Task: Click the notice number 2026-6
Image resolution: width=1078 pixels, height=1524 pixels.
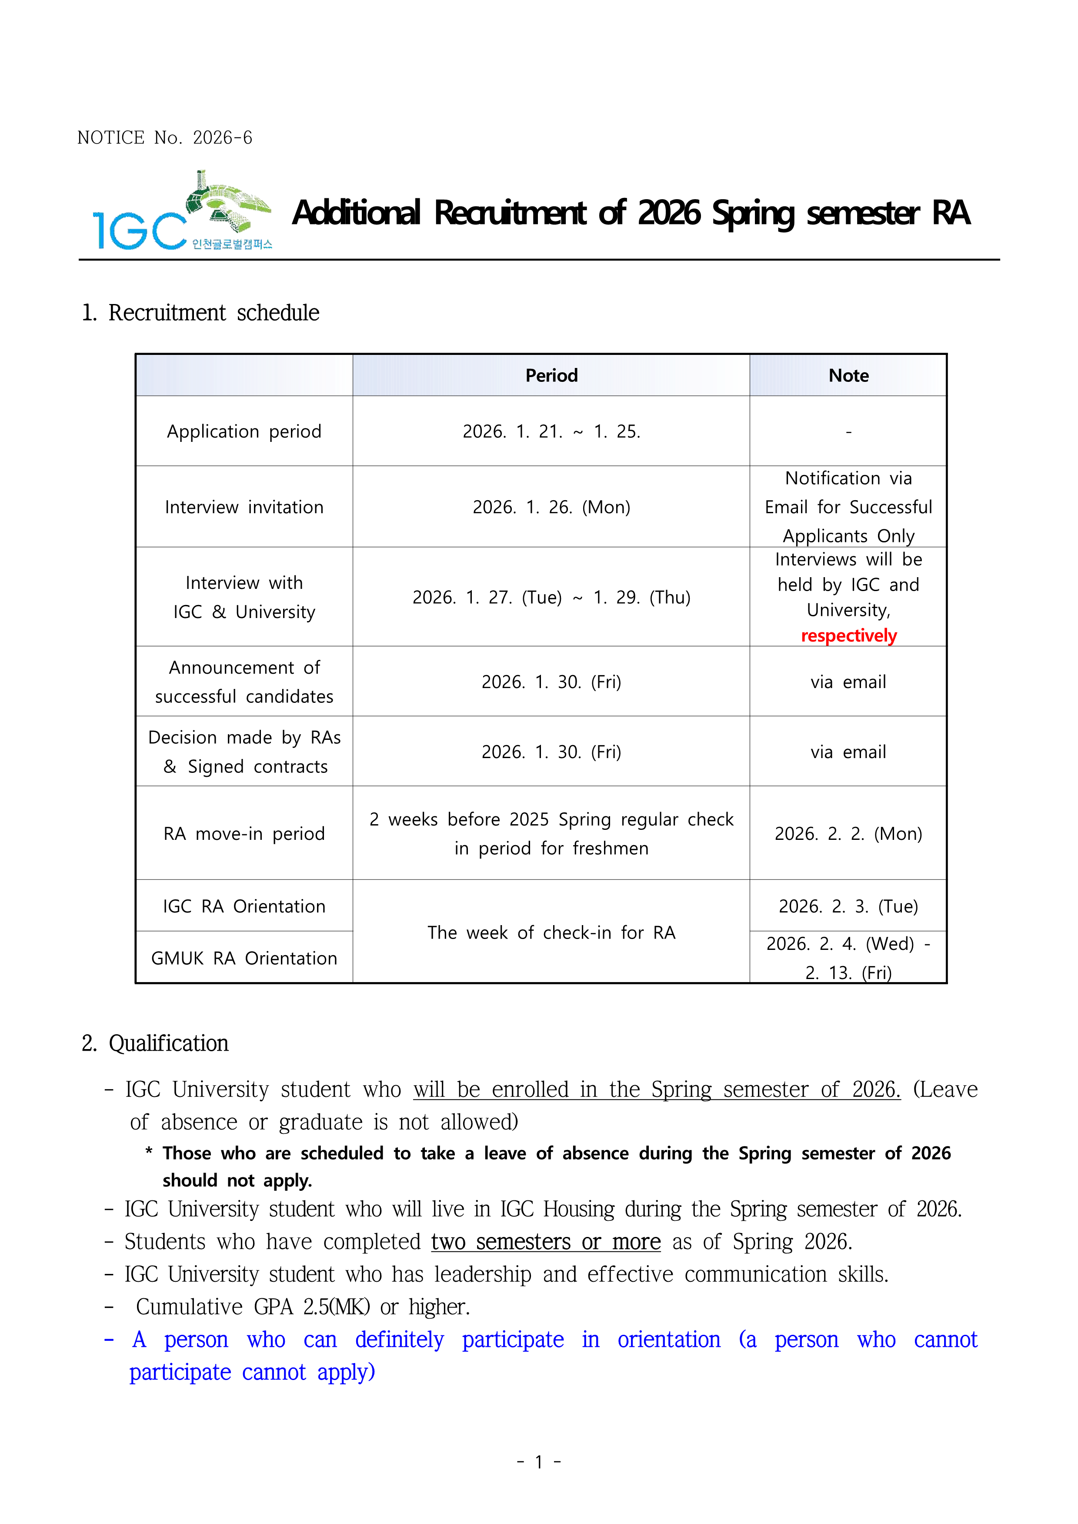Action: click(222, 138)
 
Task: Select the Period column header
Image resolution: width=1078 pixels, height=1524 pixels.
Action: click(551, 376)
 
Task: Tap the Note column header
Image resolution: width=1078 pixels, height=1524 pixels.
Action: click(848, 376)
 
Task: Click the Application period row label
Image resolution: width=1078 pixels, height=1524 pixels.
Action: click(244, 431)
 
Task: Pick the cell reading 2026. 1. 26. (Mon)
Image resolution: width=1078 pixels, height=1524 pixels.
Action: click(551, 507)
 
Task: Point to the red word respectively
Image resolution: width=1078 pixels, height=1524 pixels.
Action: click(848, 636)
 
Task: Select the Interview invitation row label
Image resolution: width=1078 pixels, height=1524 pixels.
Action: click(244, 507)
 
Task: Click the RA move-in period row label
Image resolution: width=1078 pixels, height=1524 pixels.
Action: click(244, 834)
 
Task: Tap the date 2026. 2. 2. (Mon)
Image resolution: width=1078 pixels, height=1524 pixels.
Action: click(848, 834)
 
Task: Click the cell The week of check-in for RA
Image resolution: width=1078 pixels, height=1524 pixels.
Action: click(551, 932)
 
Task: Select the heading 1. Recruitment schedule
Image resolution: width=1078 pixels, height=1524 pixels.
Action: click(200, 313)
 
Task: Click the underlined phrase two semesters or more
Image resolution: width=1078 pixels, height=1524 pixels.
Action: click(546, 1241)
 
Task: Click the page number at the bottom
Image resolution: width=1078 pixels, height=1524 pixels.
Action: click(539, 1462)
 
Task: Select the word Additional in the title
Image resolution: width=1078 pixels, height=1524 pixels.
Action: click(357, 213)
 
